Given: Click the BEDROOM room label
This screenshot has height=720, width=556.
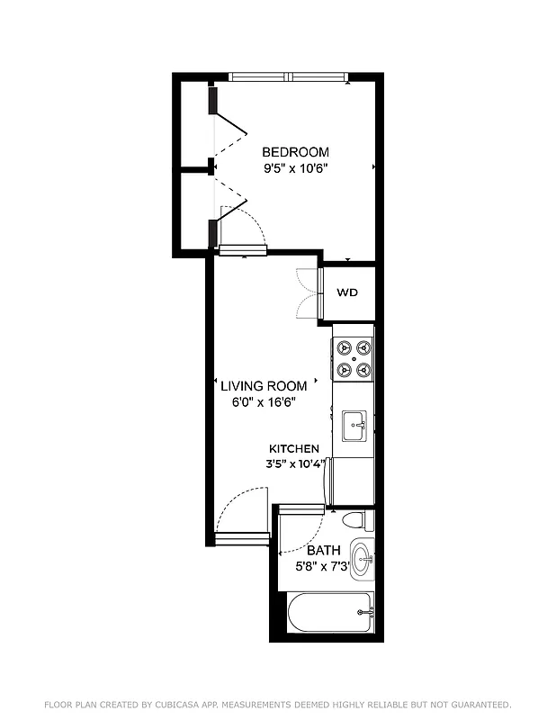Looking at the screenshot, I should pyautogui.click(x=295, y=152).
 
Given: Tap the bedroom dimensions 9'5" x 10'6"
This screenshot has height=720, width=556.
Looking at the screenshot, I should pyautogui.click(x=295, y=168).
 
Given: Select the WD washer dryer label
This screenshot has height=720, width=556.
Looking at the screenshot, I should pyautogui.click(x=347, y=293).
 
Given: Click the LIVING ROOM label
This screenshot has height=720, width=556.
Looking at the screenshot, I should pyautogui.click(x=264, y=386).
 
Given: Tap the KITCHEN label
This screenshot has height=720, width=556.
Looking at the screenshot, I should pyautogui.click(x=294, y=448).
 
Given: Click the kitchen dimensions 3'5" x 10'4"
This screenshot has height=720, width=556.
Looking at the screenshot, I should pyautogui.click(x=295, y=464).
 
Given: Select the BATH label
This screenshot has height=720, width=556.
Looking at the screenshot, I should pyautogui.click(x=323, y=550).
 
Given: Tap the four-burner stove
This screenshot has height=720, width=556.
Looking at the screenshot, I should pyautogui.click(x=353, y=357).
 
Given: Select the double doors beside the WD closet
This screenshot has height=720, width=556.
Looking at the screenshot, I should pyautogui.click(x=306, y=293).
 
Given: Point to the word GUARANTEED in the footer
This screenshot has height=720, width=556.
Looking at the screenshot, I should pyautogui.click(x=475, y=705).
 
